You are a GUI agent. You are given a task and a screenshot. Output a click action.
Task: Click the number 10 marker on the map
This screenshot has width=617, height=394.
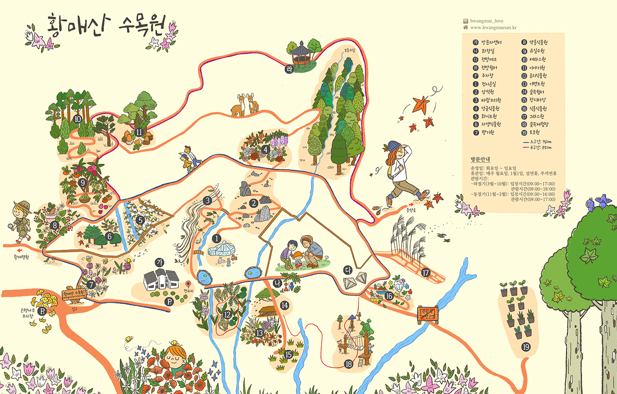(x=77, y=119)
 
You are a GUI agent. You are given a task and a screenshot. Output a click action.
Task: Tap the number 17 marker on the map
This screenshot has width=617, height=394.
(x=425, y=272)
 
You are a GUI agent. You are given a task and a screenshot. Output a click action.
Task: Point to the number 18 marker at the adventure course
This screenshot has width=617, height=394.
(x=348, y=363)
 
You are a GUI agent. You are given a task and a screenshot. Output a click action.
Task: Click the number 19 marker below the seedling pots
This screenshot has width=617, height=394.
(x=525, y=347)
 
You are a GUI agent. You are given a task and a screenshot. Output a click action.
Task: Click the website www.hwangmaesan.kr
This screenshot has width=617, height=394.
(x=493, y=27)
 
